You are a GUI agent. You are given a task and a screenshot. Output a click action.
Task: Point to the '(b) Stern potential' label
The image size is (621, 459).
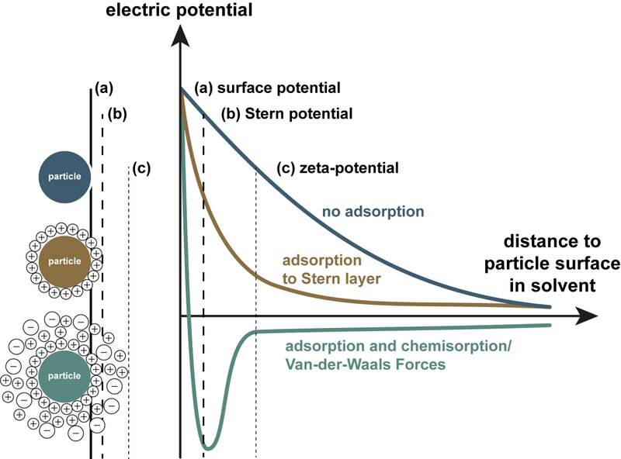pos(287,113)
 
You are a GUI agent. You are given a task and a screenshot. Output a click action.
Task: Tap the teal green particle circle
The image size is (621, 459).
pos(62,376)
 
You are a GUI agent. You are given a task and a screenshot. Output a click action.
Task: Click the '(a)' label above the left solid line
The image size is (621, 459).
pos(101,87)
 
